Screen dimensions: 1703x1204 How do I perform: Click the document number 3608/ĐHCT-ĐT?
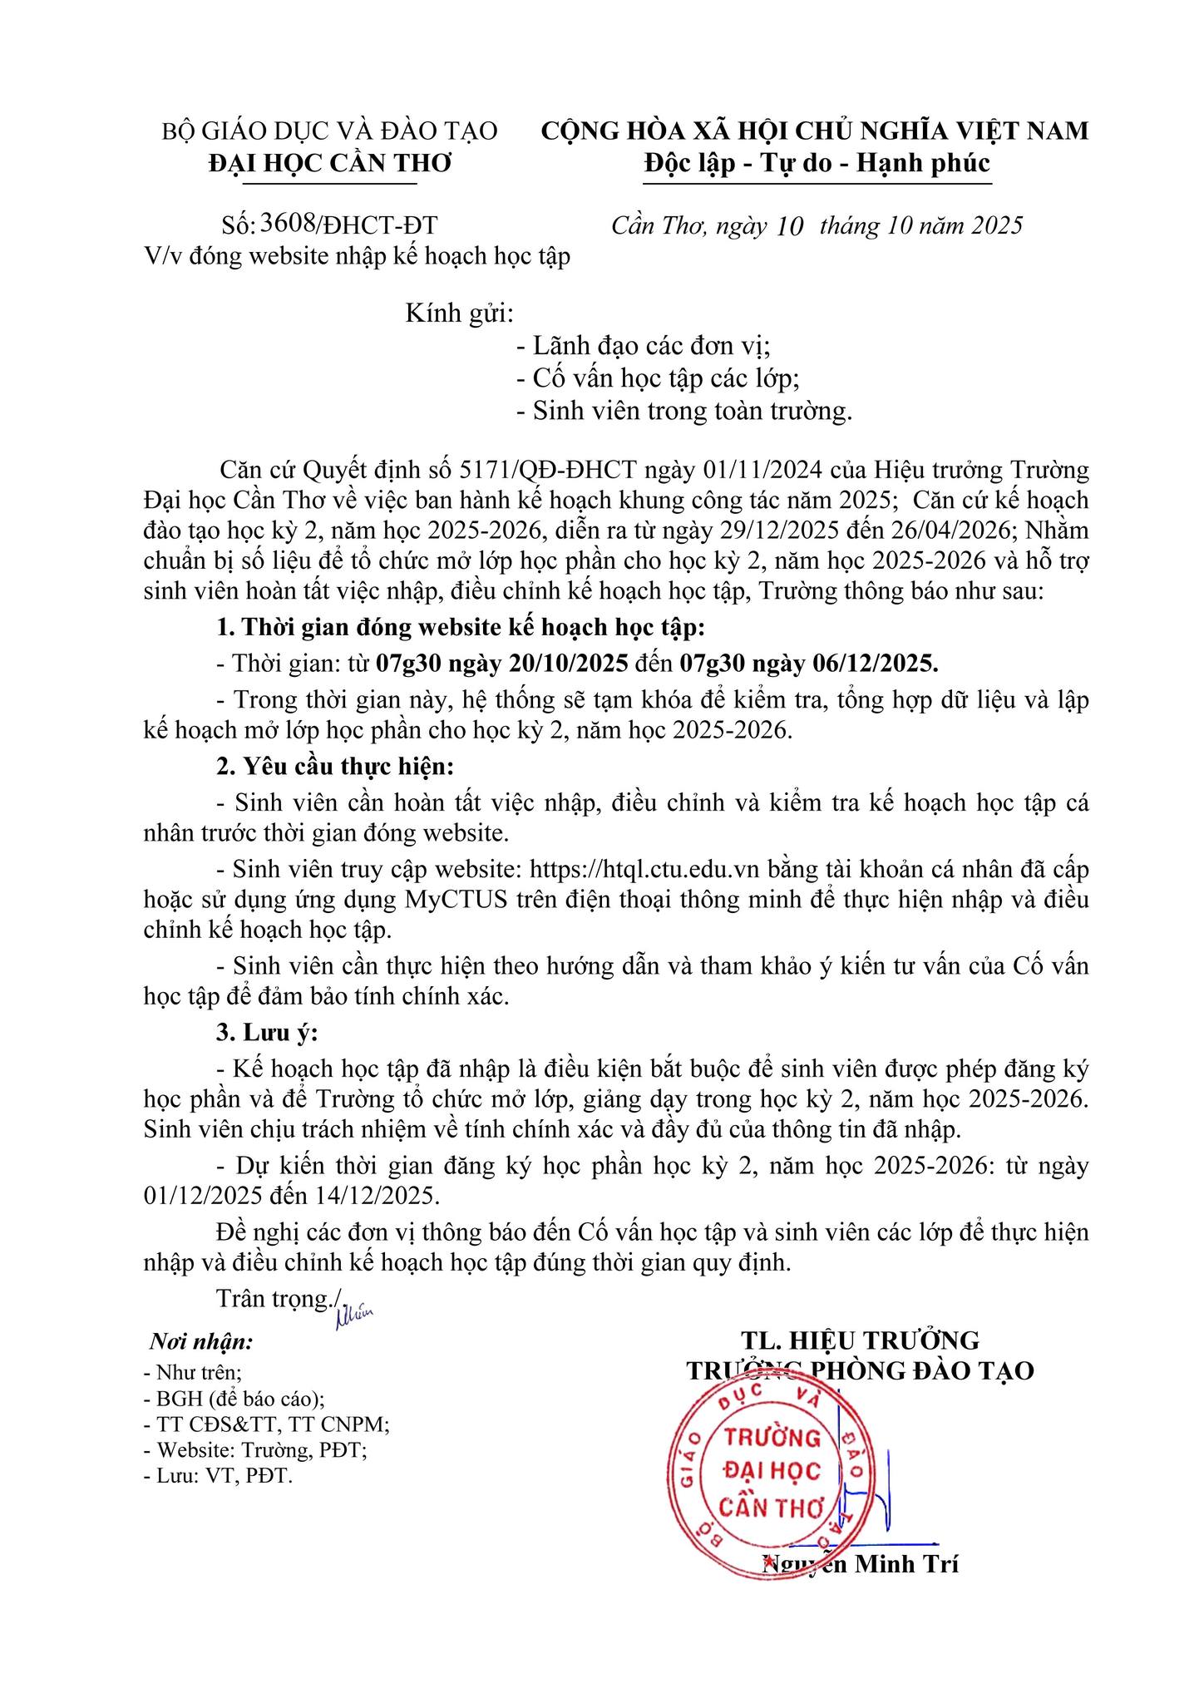[349, 224]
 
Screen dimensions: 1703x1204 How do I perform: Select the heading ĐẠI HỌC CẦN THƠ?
[330, 163]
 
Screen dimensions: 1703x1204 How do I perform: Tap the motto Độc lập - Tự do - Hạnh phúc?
[817, 163]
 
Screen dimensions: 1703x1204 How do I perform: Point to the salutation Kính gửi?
[460, 313]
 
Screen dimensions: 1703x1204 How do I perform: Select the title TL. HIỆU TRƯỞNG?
[861, 1340]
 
